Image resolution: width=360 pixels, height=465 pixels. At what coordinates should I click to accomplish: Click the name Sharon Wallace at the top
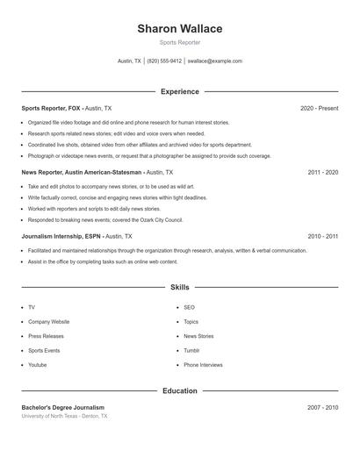[x=179, y=29]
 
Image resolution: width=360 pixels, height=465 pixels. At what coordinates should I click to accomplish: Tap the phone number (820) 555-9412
[x=164, y=61]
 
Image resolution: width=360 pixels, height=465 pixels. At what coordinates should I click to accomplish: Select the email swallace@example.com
[x=216, y=61]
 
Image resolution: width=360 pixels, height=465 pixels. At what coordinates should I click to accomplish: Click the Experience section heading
[x=179, y=91]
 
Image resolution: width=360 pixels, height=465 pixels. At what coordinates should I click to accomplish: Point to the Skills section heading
[x=179, y=287]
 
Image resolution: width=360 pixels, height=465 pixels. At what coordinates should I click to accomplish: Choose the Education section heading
[x=179, y=390]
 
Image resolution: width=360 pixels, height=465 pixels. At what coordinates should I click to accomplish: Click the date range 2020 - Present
[x=319, y=108]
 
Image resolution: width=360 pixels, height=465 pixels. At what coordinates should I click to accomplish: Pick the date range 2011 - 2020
[x=322, y=173]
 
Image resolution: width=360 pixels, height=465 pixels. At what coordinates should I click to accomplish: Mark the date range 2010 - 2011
[x=322, y=237]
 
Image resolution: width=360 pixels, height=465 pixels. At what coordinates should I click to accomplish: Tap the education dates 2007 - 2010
[x=322, y=408]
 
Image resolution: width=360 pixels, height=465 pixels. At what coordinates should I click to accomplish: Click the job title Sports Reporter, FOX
[x=51, y=108]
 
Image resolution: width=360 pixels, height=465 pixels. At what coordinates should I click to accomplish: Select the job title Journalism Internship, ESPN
[x=61, y=237]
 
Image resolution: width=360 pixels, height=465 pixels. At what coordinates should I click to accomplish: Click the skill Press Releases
[x=46, y=336]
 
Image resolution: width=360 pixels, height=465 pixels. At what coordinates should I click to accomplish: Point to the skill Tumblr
[x=191, y=350]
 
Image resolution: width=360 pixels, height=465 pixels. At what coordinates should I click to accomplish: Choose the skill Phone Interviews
[x=203, y=364]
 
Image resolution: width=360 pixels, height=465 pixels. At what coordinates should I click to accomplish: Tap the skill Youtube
[x=37, y=364]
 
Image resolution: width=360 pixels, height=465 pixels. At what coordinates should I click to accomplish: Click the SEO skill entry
[x=189, y=308]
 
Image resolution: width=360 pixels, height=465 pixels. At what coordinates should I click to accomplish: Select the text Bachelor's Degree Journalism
[x=62, y=408]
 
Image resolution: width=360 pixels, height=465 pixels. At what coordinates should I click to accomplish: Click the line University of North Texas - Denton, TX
[x=65, y=416]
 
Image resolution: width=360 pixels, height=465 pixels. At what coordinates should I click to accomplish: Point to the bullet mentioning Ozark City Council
[x=104, y=220]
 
